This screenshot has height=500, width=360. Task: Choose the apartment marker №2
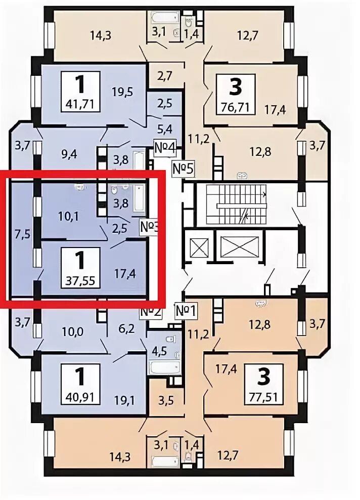pyautogui.click(x=150, y=311)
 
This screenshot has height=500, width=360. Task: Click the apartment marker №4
pyautogui.click(x=164, y=149)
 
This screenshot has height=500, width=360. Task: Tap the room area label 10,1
pyautogui.click(x=66, y=217)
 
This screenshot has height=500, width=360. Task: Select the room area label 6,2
pyautogui.click(x=126, y=328)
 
